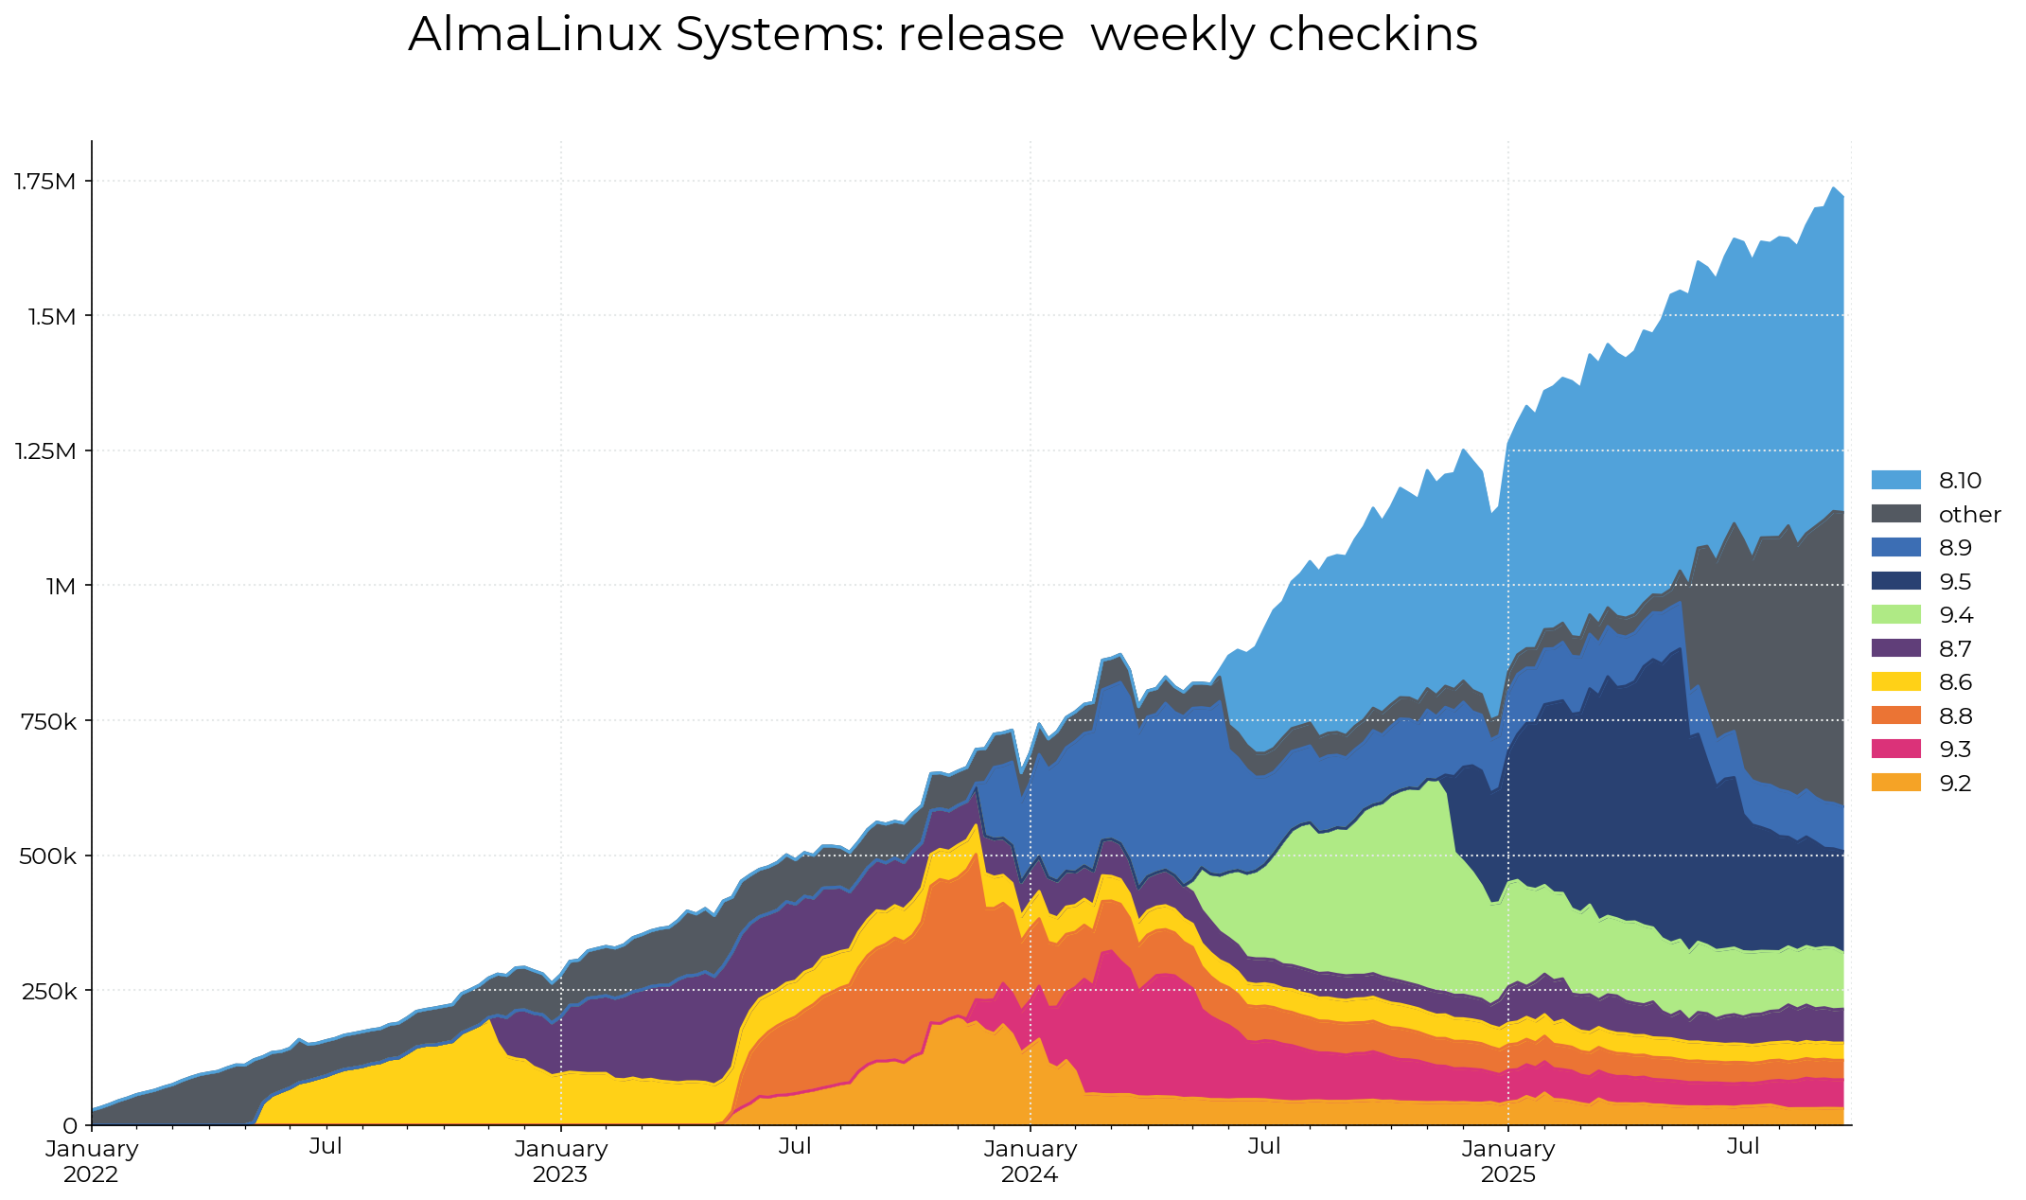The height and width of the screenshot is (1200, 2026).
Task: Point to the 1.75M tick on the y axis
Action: pyautogui.click(x=44, y=181)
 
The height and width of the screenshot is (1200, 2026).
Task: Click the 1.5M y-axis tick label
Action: pyautogui.click(x=51, y=316)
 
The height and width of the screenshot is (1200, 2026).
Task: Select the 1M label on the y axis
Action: pyautogui.click(x=61, y=586)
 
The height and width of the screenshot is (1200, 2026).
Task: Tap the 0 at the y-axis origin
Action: pyautogui.click(x=70, y=1126)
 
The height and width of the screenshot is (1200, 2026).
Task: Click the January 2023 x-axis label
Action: pyautogui.click(x=560, y=1161)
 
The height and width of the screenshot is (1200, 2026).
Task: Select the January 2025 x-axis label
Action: pyautogui.click(x=1508, y=1161)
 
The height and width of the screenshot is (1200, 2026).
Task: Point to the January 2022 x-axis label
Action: pyautogui.click(x=92, y=1161)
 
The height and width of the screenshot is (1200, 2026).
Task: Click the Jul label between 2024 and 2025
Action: pyautogui.click(x=1264, y=1147)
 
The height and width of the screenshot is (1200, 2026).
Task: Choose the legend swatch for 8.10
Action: pyautogui.click(x=1895, y=480)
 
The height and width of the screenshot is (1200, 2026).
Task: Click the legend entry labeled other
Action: pyautogui.click(x=1969, y=515)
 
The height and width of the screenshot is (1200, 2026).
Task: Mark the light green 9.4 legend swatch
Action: pyautogui.click(x=1895, y=615)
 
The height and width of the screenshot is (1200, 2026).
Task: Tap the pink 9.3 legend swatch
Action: pyautogui.click(x=1895, y=750)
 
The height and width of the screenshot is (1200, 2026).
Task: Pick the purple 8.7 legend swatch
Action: pyautogui.click(x=1895, y=648)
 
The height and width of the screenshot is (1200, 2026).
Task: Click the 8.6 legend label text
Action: pyautogui.click(x=1955, y=682)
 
